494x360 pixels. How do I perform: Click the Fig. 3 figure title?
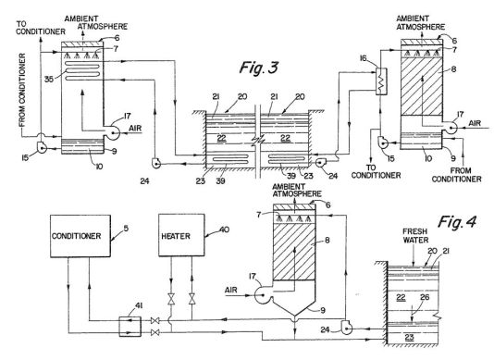[259, 68]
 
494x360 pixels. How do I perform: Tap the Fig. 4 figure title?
[457, 222]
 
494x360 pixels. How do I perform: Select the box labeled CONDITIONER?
[80, 236]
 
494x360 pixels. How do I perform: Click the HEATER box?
[181, 235]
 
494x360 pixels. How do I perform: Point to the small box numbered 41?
[130, 327]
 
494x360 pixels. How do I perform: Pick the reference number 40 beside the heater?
[224, 230]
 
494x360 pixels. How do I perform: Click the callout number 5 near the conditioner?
[126, 229]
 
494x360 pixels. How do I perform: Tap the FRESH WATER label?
[415, 236]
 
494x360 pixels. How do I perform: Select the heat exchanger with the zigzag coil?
[381, 81]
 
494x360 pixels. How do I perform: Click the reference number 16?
[364, 58]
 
